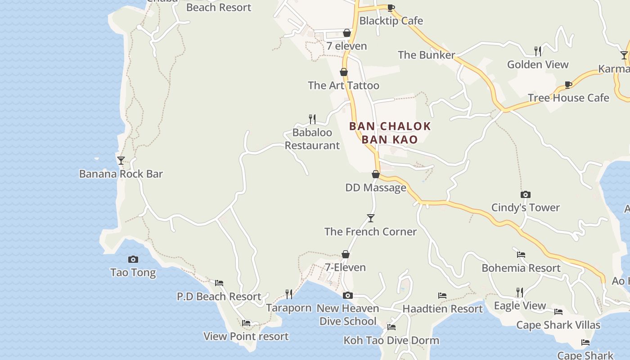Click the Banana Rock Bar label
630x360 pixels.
tap(121, 174)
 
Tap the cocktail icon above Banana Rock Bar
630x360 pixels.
tap(121, 160)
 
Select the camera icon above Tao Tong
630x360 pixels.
tap(133, 259)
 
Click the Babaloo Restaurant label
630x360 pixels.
tap(312, 139)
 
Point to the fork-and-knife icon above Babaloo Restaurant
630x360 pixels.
tap(312, 119)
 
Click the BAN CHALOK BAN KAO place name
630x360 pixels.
tap(390, 133)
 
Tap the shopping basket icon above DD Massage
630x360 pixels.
tap(376, 174)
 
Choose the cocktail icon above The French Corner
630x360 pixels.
tap(370, 218)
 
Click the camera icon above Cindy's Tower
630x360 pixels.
tap(525, 194)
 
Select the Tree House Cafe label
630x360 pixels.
tap(568, 98)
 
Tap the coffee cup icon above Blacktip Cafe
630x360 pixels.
tap(391, 8)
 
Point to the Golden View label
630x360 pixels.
tap(538, 65)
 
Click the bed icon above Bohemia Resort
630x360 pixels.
tap(521, 254)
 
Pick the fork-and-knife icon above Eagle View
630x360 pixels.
tap(519, 292)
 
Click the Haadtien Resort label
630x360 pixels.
tap(442, 309)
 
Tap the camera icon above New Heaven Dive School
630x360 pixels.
tap(347, 295)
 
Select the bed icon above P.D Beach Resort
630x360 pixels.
tap(219, 283)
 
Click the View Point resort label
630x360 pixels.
tap(246, 337)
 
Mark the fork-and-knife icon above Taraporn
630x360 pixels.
tap(289, 294)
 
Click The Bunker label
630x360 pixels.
tap(426, 55)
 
